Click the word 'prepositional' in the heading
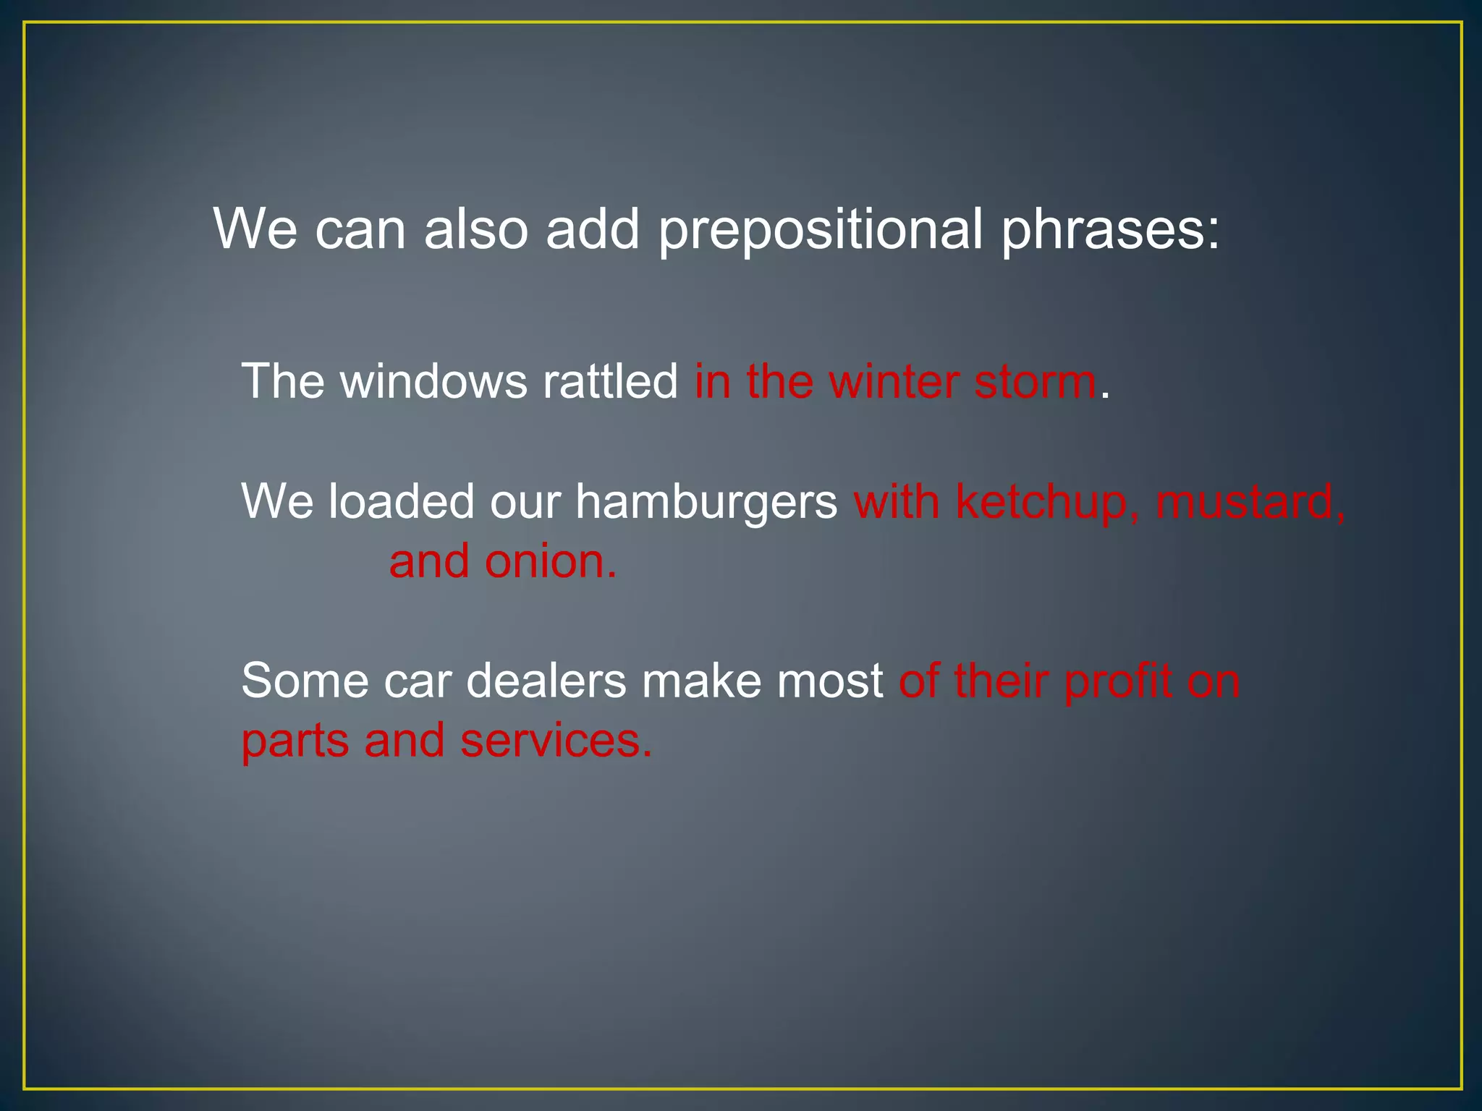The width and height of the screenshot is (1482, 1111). click(821, 230)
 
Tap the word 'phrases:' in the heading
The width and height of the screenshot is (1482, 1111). click(1111, 230)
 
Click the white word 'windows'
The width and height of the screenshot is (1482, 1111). click(433, 381)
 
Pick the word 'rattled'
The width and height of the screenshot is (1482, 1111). click(610, 381)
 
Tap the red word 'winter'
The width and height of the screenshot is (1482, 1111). click(893, 381)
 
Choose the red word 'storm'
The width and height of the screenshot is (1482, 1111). click(1035, 383)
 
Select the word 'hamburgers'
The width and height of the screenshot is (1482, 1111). click(706, 502)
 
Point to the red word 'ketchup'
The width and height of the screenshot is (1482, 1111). click(1041, 502)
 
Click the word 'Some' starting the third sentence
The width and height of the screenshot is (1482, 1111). click(304, 681)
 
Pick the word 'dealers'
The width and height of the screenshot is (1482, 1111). click(546, 681)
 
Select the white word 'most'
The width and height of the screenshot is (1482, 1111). click(829, 681)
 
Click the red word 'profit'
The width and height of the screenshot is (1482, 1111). click(1118, 682)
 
